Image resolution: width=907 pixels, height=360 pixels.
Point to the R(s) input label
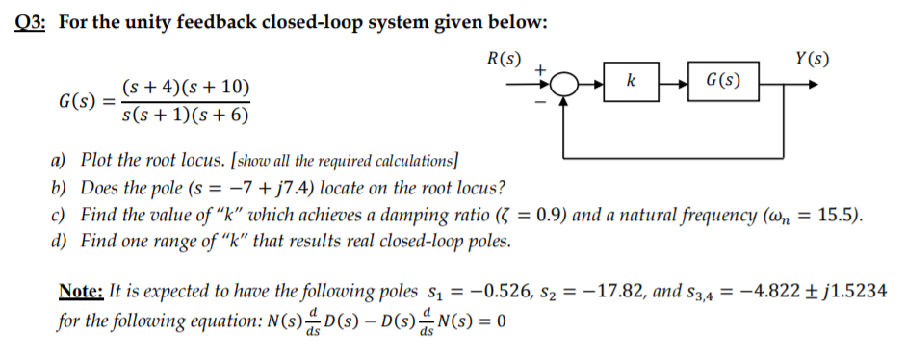coord(505,57)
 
